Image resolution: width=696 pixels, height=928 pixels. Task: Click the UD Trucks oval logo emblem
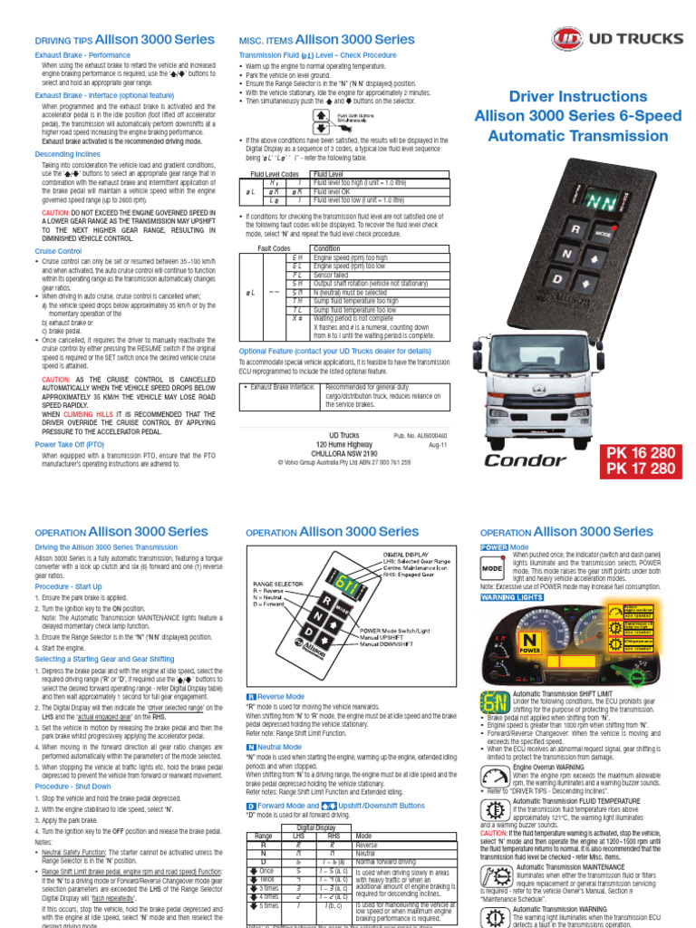point(567,40)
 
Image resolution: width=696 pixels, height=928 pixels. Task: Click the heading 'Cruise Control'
point(59,250)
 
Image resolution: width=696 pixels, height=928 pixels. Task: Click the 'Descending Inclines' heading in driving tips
point(67,154)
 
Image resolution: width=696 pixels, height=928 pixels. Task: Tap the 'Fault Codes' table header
point(274,247)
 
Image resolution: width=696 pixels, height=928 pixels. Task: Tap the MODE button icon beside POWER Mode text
point(491,569)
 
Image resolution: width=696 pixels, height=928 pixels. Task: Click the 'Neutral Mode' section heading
point(277,747)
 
